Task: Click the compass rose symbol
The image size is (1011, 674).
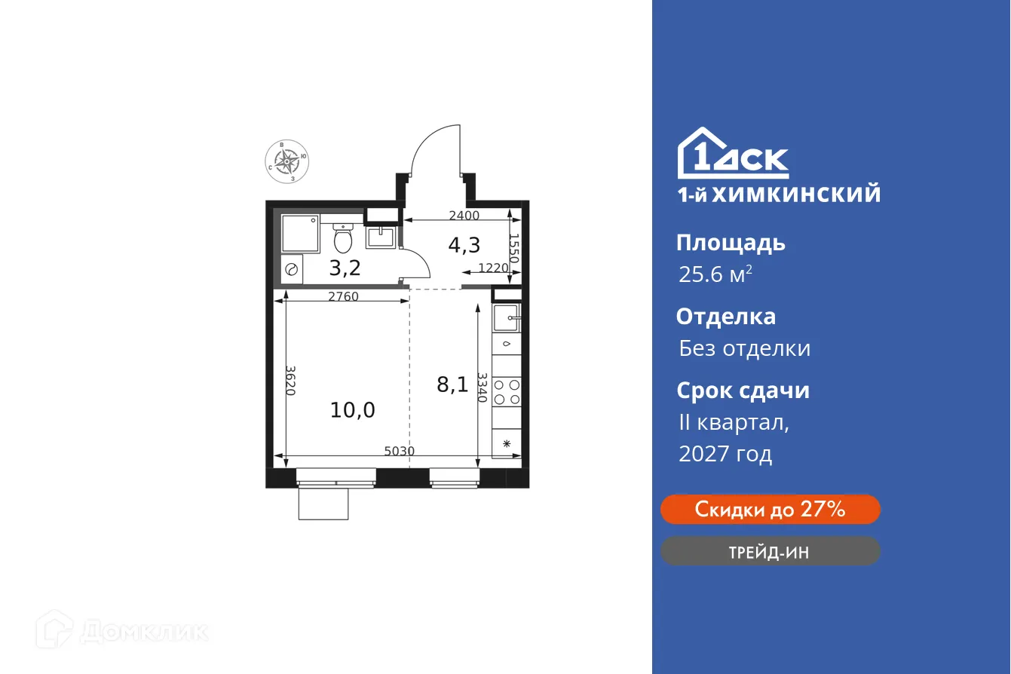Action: pos(286,160)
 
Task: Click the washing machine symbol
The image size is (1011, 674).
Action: pos(292,269)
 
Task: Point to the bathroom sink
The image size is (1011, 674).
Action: pos(381,236)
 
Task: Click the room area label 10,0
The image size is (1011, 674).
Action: pos(352,410)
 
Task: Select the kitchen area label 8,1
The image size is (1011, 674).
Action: pos(452,385)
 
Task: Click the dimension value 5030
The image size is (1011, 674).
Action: pos(399,451)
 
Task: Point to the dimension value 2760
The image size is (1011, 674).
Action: pos(343,296)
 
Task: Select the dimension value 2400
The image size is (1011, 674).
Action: pos(464,215)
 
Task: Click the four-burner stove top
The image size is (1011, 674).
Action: pos(507,391)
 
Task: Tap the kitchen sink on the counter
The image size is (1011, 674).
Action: pos(507,317)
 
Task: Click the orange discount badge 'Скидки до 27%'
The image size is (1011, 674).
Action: pos(770,510)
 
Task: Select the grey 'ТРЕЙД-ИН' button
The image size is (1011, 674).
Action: pos(770,552)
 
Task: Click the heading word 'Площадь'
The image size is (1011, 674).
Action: pos(731,243)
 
